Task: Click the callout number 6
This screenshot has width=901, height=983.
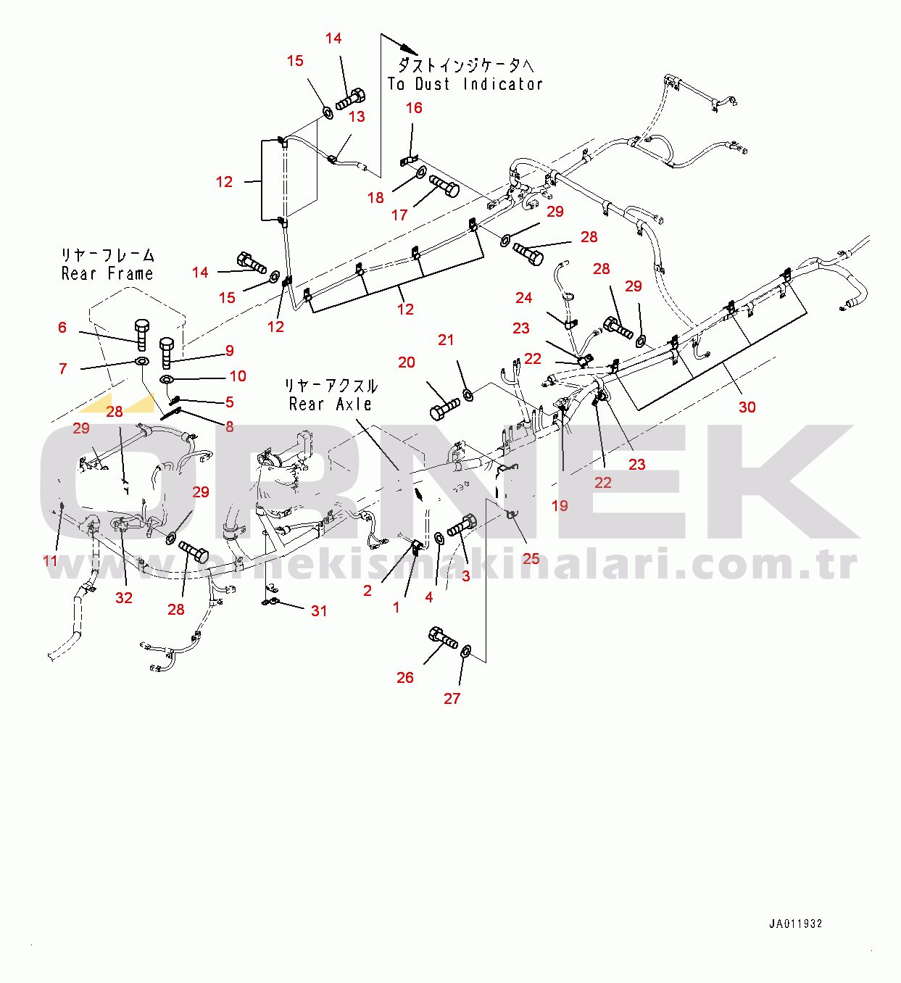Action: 62,328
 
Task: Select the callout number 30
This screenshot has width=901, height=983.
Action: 747,407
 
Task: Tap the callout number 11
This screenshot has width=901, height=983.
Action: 50,560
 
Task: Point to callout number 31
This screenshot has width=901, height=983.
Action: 319,610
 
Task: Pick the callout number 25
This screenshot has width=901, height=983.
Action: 531,559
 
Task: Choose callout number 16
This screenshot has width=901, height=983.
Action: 414,108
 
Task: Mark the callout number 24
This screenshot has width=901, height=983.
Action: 523,297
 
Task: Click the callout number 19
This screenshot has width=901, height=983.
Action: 560,506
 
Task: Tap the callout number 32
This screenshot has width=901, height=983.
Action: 123,597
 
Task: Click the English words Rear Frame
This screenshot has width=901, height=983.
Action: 107,273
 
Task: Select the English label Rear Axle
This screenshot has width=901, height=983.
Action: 330,405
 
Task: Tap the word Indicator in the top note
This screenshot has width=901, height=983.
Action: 503,84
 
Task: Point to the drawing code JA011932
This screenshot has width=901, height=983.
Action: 795,924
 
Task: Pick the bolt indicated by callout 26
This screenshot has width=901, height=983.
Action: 443,637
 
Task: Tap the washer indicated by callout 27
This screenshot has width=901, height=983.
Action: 466,651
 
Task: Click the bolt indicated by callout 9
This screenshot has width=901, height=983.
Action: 167,353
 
